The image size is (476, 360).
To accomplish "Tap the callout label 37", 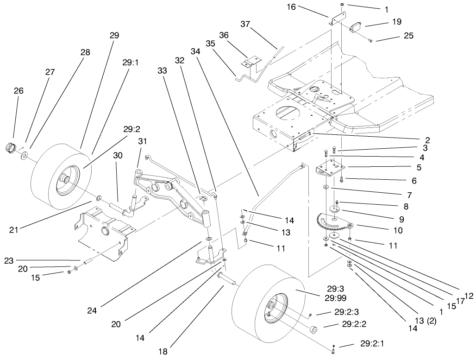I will [246, 24].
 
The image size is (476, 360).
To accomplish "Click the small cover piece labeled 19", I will [356, 27].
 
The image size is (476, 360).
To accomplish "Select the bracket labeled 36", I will [251, 62].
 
